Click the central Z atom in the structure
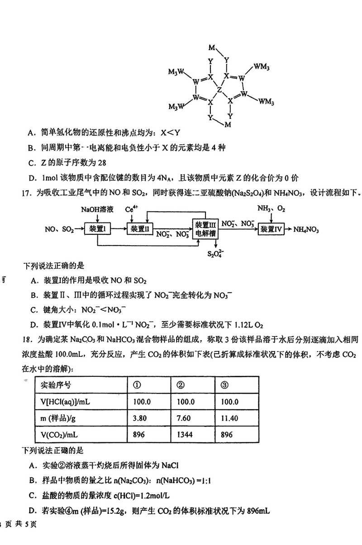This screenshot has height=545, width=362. click(x=219, y=90)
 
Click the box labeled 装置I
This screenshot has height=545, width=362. click(x=98, y=229)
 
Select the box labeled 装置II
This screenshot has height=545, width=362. click(x=140, y=229)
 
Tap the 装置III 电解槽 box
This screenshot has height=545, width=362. click(x=206, y=229)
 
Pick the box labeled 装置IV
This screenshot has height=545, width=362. click(x=271, y=229)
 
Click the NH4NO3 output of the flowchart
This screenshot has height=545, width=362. click(x=306, y=230)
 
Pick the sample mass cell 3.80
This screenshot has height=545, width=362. click(x=141, y=418)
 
